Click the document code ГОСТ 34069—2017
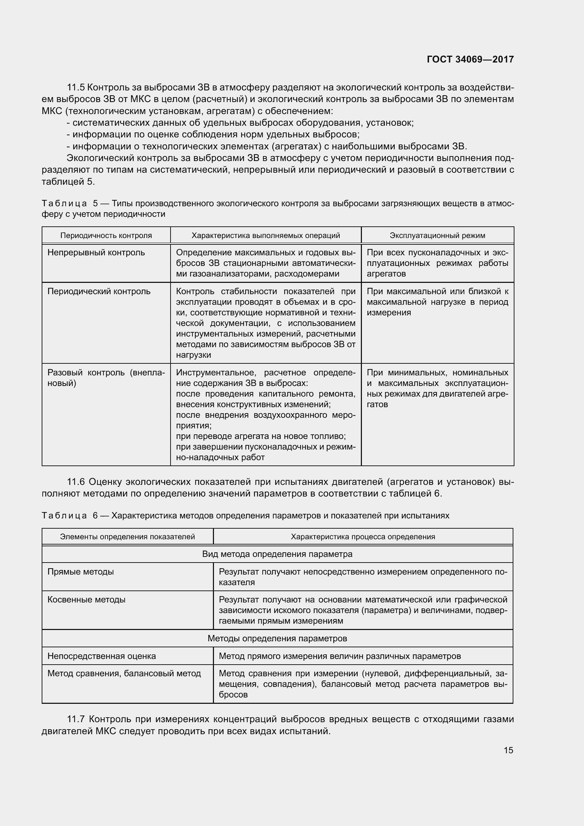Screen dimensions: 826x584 [x=470, y=59]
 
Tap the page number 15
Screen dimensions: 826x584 [x=508, y=750]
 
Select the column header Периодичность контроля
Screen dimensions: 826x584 [x=106, y=236]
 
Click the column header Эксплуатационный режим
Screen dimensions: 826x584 [x=437, y=236]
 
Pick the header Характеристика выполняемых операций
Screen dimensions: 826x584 [x=266, y=236]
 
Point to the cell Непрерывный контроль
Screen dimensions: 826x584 [x=96, y=252]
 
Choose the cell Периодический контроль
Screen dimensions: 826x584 [x=99, y=291]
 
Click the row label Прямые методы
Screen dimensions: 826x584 [x=81, y=572]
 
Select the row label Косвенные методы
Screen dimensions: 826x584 [x=86, y=600]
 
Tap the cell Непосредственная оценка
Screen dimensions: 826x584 [x=101, y=656]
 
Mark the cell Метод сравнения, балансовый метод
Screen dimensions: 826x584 [x=124, y=673]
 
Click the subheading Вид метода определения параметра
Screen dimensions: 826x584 [x=277, y=554]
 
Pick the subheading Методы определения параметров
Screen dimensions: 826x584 [x=277, y=638]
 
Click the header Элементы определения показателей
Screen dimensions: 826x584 [x=127, y=537]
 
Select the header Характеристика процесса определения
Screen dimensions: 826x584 [x=363, y=537]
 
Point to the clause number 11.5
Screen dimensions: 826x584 [x=76, y=88]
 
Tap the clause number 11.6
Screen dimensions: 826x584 [x=76, y=482]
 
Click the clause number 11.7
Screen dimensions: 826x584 [x=76, y=719]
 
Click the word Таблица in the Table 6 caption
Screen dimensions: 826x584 [x=64, y=516]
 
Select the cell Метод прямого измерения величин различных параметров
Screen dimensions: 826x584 [x=339, y=656]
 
